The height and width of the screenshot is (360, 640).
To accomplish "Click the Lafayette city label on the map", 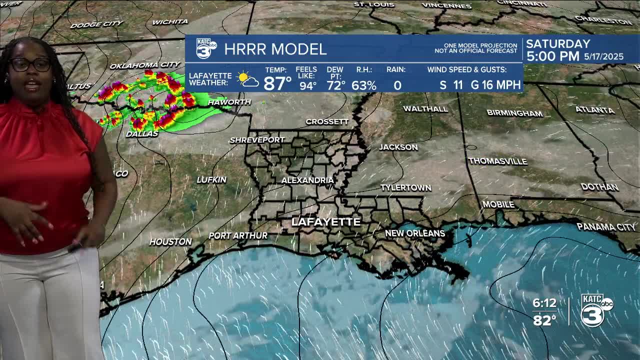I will click(325, 222).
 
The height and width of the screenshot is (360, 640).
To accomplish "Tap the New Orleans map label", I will click(414, 233).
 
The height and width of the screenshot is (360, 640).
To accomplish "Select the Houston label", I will click(170, 241).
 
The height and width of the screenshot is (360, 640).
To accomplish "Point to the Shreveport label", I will click(257, 140).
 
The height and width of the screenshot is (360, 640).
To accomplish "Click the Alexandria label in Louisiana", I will click(307, 180).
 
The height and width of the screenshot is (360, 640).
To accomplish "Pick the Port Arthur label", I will click(238, 235).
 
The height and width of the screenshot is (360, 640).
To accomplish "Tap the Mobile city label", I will click(498, 204).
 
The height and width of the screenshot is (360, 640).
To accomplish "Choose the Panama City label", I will click(606, 227).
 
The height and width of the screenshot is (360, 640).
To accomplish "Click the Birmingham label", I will click(514, 113).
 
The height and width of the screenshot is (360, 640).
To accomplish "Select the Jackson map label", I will click(398, 147).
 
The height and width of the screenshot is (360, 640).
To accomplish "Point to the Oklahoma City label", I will click(144, 65).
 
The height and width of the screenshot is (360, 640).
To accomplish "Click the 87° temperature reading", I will click(277, 83).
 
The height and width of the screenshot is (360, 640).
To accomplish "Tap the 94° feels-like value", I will click(307, 85).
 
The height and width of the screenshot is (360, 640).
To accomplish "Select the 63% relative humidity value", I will click(363, 85).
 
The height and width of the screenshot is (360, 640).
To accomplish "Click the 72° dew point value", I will click(335, 85).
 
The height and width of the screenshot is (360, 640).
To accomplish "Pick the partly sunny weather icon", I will click(248, 80).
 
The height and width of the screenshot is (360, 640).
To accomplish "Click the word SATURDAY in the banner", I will click(558, 44).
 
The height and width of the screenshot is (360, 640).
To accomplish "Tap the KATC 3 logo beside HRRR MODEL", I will click(206, 48).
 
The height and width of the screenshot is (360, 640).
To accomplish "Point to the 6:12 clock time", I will click(544, 303).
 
